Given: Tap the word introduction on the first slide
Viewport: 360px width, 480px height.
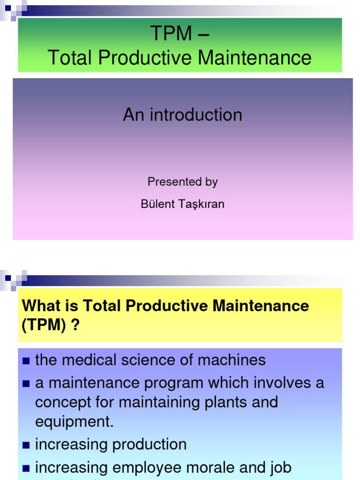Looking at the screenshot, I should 196,115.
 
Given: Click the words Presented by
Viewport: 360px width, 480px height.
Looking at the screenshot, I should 182,182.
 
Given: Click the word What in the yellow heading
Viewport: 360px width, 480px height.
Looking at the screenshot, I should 41,306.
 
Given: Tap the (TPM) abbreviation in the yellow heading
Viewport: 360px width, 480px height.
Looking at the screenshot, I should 44,326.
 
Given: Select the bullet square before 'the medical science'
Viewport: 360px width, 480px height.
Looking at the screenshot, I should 26,361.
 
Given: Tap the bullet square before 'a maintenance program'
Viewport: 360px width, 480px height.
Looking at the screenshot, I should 26,384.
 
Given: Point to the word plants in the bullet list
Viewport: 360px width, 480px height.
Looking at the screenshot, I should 223,402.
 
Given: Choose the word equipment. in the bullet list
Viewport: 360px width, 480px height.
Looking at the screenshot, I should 75,422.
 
